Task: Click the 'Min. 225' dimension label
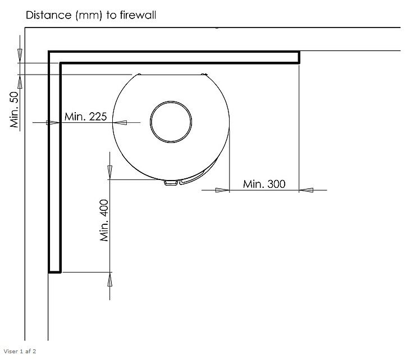85,117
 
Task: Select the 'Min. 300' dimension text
264,184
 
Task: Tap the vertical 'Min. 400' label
104,220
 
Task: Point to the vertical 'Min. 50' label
14,110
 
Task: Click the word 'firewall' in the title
138,15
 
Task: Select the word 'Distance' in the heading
48,15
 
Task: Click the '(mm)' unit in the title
89,15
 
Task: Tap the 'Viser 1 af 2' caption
20,352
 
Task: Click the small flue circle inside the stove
171,101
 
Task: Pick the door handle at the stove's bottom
171,183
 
